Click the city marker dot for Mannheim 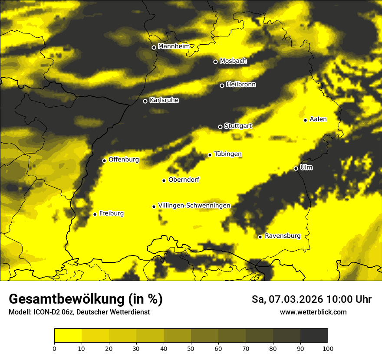[154, 48]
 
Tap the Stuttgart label [238, 126]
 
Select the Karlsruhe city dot [145, 101]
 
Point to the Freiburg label [111, 213]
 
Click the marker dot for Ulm [296, 169]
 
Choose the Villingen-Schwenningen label [194, 206]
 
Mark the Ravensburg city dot [260, 237]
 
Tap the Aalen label [318, 119]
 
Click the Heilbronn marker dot [222, 85]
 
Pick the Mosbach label [233, 61]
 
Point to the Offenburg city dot [104, 160]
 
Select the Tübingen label [228, 154]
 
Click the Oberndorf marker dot [164, 180]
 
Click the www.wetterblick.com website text [313, 312]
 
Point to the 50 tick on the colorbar [191, 348]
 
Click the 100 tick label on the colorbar [328, 348]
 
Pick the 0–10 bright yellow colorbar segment [68, 335]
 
